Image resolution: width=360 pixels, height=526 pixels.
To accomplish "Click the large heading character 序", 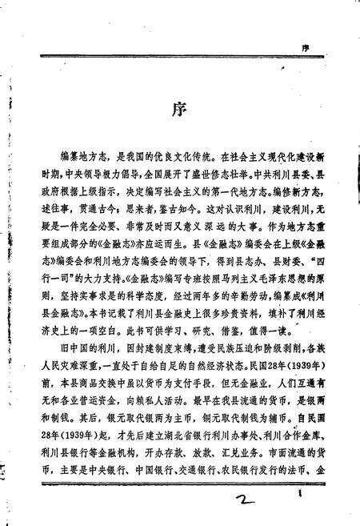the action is pos(179,109).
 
